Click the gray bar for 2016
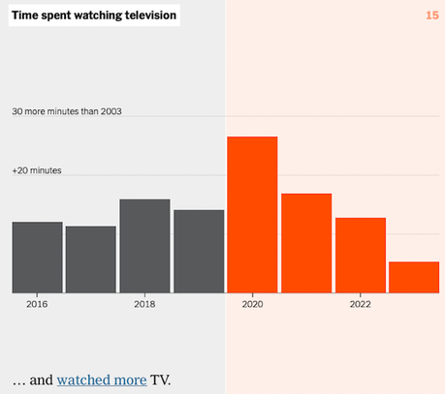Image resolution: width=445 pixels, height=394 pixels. [37, 257]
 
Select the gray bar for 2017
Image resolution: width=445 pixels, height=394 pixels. [91, 258]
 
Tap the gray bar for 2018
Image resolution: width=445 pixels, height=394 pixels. [144, 245]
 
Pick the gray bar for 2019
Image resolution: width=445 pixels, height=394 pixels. [199, 251]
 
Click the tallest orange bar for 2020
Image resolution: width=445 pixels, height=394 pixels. [252, 214]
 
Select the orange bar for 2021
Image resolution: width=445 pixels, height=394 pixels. [306, 242]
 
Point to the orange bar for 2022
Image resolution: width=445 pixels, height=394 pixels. [361, 255]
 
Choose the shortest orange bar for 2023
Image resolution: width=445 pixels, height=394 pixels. [414, 276]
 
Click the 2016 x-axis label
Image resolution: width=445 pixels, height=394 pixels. [37, 304]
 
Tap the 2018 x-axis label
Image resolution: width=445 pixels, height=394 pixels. [144, 304]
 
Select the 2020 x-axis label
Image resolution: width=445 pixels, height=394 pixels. [252, 304]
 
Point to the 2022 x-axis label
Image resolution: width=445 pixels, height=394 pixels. [361, 304]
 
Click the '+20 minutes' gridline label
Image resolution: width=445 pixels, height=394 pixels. [37, 170]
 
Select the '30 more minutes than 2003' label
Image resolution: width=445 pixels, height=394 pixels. [67, 111]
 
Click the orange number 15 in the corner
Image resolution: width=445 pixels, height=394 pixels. [432, 15]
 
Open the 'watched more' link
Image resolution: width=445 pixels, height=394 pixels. [102, 379]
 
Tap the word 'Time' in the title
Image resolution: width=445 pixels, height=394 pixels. [25, 15]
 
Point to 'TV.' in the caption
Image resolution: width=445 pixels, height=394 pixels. [161, 379]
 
